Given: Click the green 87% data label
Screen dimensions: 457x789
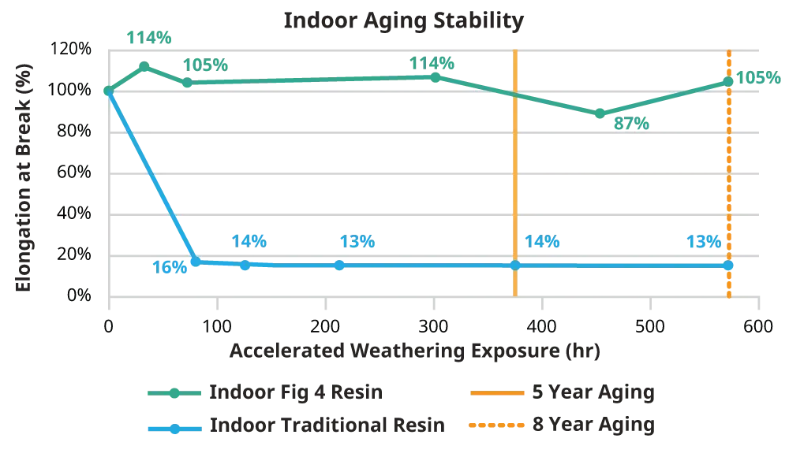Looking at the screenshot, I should click(x=630, y=124).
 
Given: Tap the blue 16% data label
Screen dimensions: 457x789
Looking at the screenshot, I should click(x=170, y=267).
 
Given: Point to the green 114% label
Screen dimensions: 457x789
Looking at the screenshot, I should click(x=150, y=36).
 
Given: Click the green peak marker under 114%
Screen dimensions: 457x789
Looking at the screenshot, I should click(x=144, y=65).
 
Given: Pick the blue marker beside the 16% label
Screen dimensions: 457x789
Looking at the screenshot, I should click(x=195, y=258).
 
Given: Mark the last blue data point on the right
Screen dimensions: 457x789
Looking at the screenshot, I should click(x=729, y=266).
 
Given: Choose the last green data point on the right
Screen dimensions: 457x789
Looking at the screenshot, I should click(x=727, y=81).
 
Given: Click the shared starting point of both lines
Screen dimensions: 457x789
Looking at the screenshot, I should click(x=108, y=90).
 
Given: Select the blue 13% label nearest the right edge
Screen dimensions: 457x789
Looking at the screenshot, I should click(x=704, y=243).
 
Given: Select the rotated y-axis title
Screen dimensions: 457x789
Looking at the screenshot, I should click(x=21, y=180).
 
